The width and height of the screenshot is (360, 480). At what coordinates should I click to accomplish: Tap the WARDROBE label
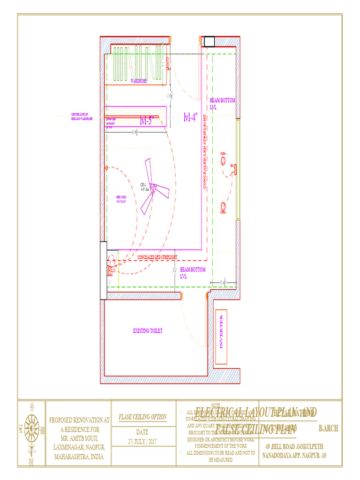[x=139, y=81]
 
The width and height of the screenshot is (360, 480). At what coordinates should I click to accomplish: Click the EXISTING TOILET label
[x=148, y=331]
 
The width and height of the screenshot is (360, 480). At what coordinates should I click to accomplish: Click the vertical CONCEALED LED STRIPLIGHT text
[x=204, y=153]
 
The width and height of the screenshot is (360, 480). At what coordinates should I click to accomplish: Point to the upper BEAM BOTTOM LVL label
[x=223, y=104]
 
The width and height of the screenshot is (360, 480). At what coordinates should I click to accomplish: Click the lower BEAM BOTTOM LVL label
[x=193, y=273]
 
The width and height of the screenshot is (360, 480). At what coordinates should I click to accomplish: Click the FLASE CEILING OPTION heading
[x=142, y=417]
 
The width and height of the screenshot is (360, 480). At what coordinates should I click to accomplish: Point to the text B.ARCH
[x=328, y=428]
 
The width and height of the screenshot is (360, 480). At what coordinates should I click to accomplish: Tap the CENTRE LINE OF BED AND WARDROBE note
[x=82, y=117]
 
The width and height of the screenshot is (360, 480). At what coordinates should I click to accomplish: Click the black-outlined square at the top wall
[x=209, y=41]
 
